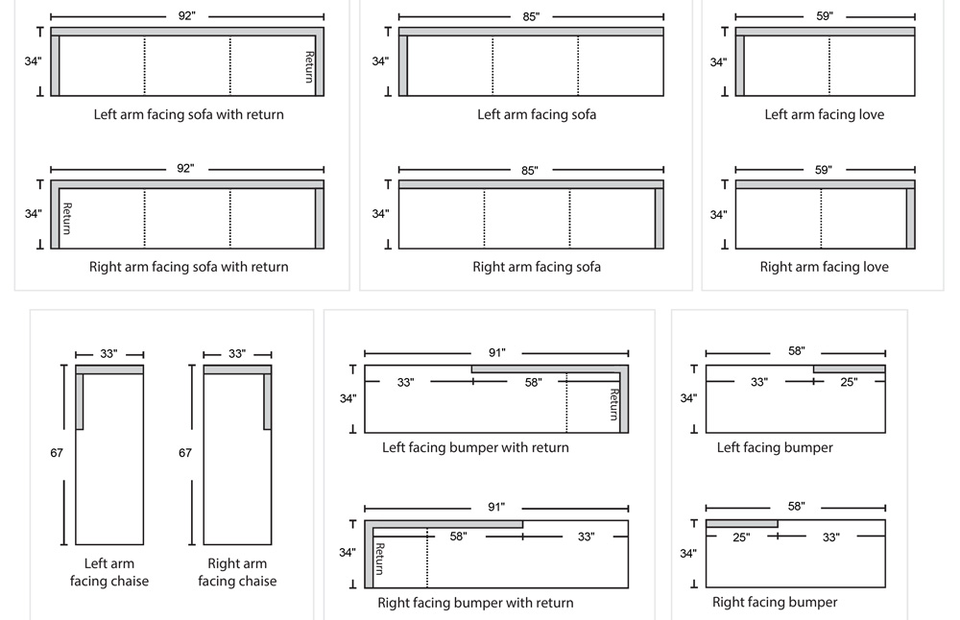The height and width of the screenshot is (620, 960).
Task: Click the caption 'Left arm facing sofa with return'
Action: click(188, 114)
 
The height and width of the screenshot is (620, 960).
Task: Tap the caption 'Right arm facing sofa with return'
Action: click(188, 267)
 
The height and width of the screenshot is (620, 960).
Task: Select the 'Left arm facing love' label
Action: click(824, 114)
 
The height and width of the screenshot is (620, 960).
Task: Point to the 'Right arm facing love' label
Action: click(824, 267)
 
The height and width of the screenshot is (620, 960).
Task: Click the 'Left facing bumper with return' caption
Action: click(475, 447)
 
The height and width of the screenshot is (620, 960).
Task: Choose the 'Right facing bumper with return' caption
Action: click(475, 603)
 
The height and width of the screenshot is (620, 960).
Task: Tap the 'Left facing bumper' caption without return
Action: click(775, 447)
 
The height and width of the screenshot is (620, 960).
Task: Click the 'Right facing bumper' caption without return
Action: click(775, 603)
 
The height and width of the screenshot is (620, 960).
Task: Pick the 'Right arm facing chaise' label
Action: click(237, 572)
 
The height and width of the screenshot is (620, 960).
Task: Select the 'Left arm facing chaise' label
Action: click(109, 572)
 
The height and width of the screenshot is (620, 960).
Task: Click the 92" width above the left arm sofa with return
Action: click(186, 16)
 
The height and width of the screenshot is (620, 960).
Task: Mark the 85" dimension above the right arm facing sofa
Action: click(529, 170)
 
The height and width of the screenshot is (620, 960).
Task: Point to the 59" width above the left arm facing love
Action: click(823, 16)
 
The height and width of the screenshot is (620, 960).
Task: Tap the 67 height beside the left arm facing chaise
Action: click(56, 452)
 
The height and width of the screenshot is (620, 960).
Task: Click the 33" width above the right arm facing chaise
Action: click(237, 354)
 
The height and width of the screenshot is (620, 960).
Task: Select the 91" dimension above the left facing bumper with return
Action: click(496, 352)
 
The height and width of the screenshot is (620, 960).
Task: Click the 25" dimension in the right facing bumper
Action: click(741, 537)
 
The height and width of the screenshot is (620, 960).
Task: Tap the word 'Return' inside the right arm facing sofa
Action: click(66, 218)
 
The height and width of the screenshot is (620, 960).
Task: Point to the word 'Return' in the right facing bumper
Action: click(379, 559)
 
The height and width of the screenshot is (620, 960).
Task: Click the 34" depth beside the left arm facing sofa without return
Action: click(380, 61)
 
